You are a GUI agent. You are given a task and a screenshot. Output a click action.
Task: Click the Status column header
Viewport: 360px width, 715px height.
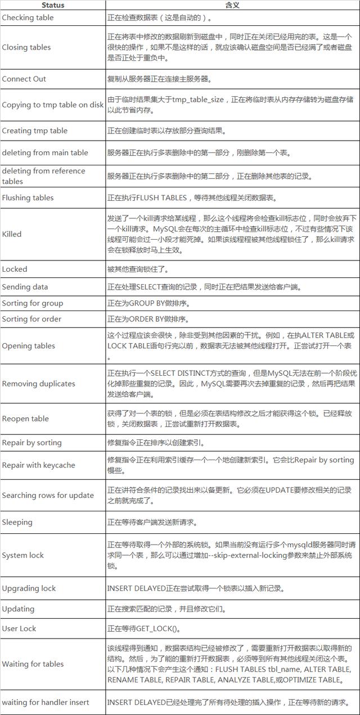(x=53, y=5)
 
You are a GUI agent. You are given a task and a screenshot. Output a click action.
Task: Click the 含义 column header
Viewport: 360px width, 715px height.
(x=232, y=5)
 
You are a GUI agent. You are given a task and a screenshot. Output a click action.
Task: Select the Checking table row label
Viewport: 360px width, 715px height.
(x=28, y=17)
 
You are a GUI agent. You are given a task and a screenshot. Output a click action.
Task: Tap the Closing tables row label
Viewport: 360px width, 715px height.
(x=26, y=47)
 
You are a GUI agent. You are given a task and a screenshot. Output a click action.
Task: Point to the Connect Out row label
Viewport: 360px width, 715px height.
(x=24, y=79)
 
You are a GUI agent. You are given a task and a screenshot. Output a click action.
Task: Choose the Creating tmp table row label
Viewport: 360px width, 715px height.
(x=35, y=131)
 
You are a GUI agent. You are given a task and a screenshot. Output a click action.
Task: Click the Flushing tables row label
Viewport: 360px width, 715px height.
(x=28, y=197)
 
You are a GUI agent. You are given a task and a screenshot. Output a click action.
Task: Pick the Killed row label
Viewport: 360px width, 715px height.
(x=12, y=233)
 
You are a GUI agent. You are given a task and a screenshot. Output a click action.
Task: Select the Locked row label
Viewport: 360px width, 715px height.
(x=15, y=269)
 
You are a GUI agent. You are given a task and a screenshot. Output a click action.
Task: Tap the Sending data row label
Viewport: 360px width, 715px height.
(x=25, y=287)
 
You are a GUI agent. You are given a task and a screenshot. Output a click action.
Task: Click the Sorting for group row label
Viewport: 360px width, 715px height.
(x=33, y=303)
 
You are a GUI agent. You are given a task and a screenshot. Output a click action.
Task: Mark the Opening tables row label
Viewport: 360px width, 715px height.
(x=29, y=345)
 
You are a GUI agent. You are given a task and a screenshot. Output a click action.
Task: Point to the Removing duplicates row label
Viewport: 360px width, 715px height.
(x=39, y=384)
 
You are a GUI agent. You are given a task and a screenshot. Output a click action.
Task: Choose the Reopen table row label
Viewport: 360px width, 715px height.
(x=25, y=419)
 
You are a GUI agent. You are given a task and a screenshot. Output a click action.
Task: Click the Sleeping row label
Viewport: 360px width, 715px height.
(x=17, y=522)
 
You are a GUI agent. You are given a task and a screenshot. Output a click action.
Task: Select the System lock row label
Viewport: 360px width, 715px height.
(x=23, y=555)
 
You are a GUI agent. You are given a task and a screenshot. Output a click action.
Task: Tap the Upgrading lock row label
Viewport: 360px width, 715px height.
(x=29, y=588)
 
